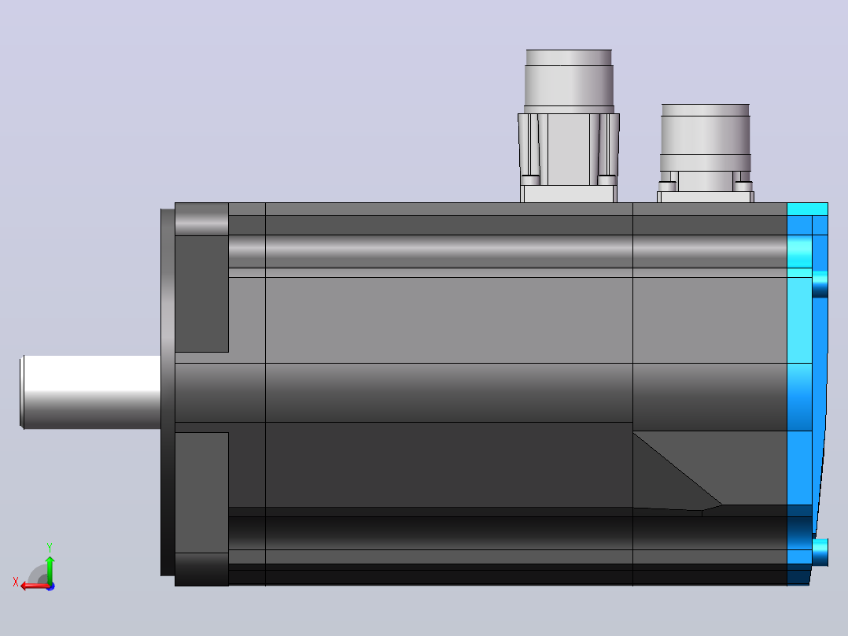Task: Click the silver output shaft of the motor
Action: (x=91, y=392)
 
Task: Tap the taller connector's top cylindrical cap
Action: (x=569, y=81)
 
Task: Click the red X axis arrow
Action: (x=35, y=586)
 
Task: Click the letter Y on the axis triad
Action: (x=50, y=547)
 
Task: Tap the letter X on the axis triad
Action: (x=15, y=582)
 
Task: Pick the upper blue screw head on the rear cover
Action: (x=820, y=283)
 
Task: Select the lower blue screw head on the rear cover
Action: (x=820, y=552)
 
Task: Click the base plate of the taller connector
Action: (x=569, y=194)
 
